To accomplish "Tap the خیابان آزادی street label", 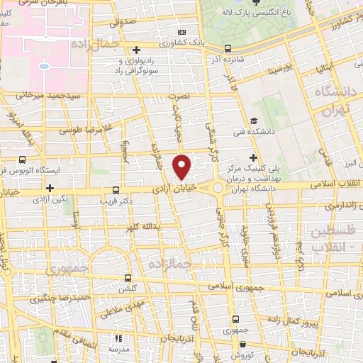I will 174,189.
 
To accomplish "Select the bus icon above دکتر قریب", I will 116,190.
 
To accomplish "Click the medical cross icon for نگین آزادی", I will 50,188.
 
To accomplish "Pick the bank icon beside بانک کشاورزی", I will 182,32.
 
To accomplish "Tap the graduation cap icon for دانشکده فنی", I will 254,121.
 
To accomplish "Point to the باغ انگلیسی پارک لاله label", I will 264,13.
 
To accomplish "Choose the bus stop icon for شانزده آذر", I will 227,49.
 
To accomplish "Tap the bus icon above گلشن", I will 128,278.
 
